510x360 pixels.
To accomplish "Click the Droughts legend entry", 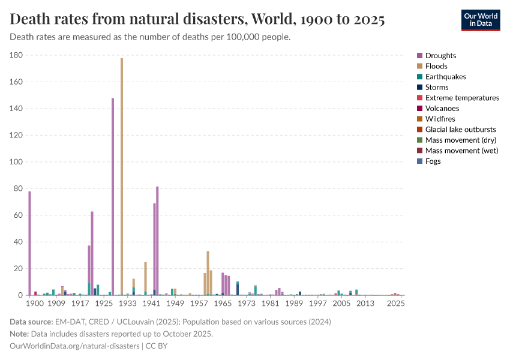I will (440, 56).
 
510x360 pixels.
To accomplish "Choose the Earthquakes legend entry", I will (445, 77).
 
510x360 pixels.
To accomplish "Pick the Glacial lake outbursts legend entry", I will (460, 130).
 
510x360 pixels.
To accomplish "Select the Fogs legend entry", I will (433, 161).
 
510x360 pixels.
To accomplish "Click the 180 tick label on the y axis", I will (16, 55).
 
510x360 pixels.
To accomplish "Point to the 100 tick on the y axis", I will (16, 162).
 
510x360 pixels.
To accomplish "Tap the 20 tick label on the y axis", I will (19, 269).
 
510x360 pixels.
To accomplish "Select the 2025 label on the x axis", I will (395, 304).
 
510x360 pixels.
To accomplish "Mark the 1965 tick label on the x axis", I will (223, 304).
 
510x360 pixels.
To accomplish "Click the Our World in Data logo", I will (480, 20).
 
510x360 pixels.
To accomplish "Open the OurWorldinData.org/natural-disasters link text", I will (74, 346).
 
